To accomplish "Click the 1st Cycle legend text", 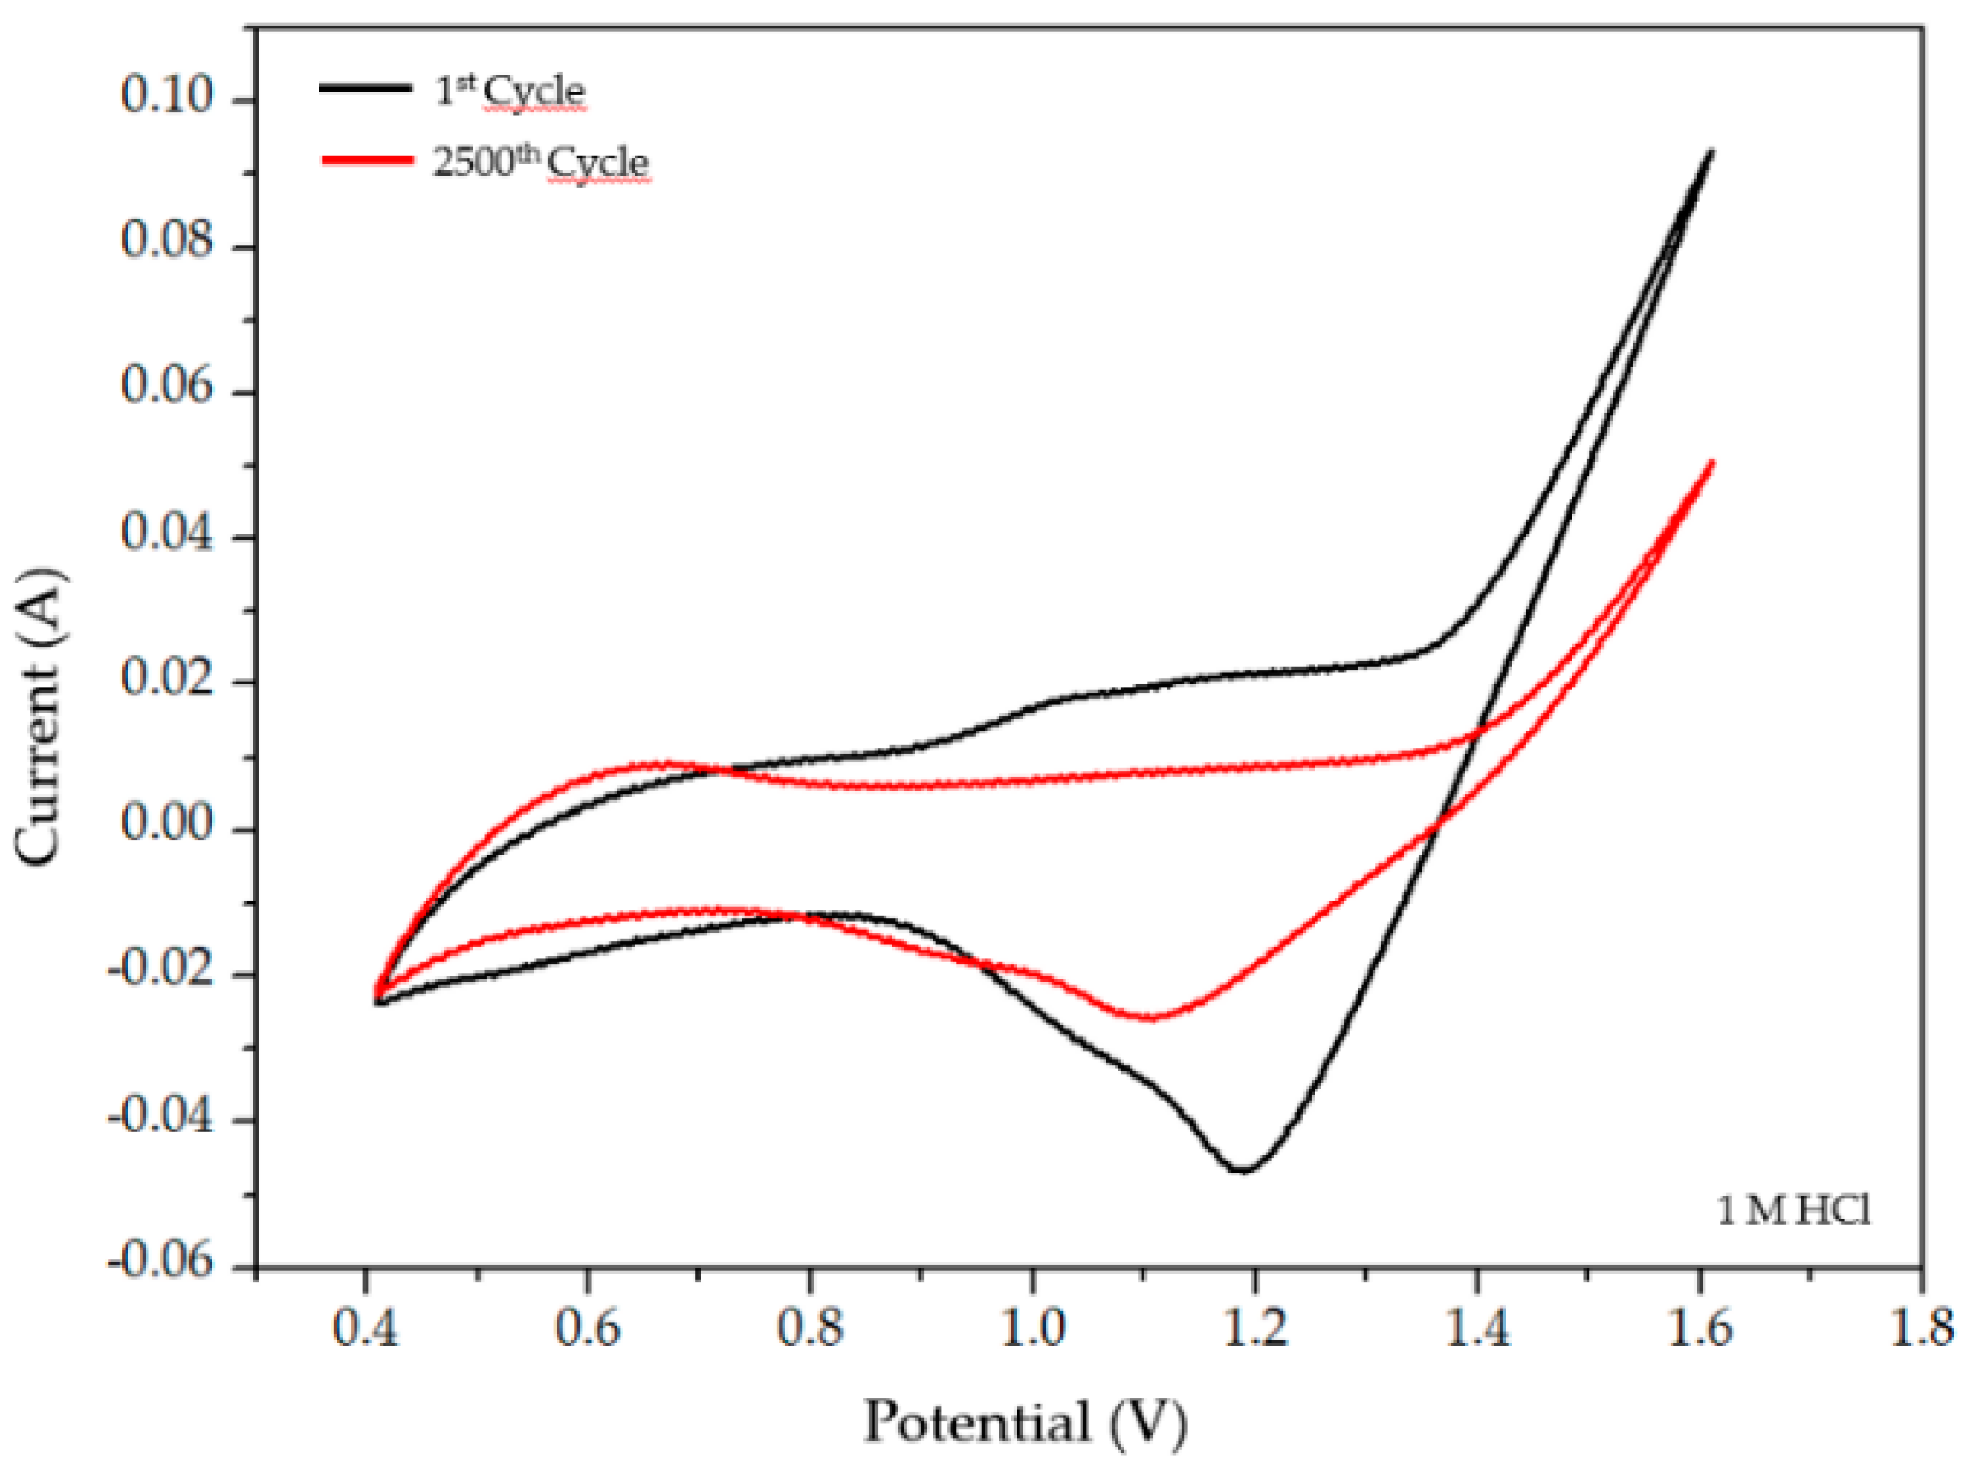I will tap(510, 91).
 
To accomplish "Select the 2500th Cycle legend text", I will tap(540, 163).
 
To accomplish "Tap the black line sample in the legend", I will tap(366, 87).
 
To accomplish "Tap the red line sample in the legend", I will tap(367, 160).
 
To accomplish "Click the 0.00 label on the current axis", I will tap(168, 823).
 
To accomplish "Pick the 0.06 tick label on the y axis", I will tap(168, 386).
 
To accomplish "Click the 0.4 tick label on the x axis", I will tap(365, 1328).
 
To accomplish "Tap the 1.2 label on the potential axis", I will tap(1255, 1328).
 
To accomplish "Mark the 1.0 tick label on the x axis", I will tap(1033, 1328).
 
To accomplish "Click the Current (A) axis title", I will tap(40, 716).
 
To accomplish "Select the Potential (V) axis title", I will tap(1025, 1422).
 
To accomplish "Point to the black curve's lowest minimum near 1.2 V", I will tap(1243, 1169).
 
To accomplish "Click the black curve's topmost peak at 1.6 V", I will tap(1711, 152).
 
